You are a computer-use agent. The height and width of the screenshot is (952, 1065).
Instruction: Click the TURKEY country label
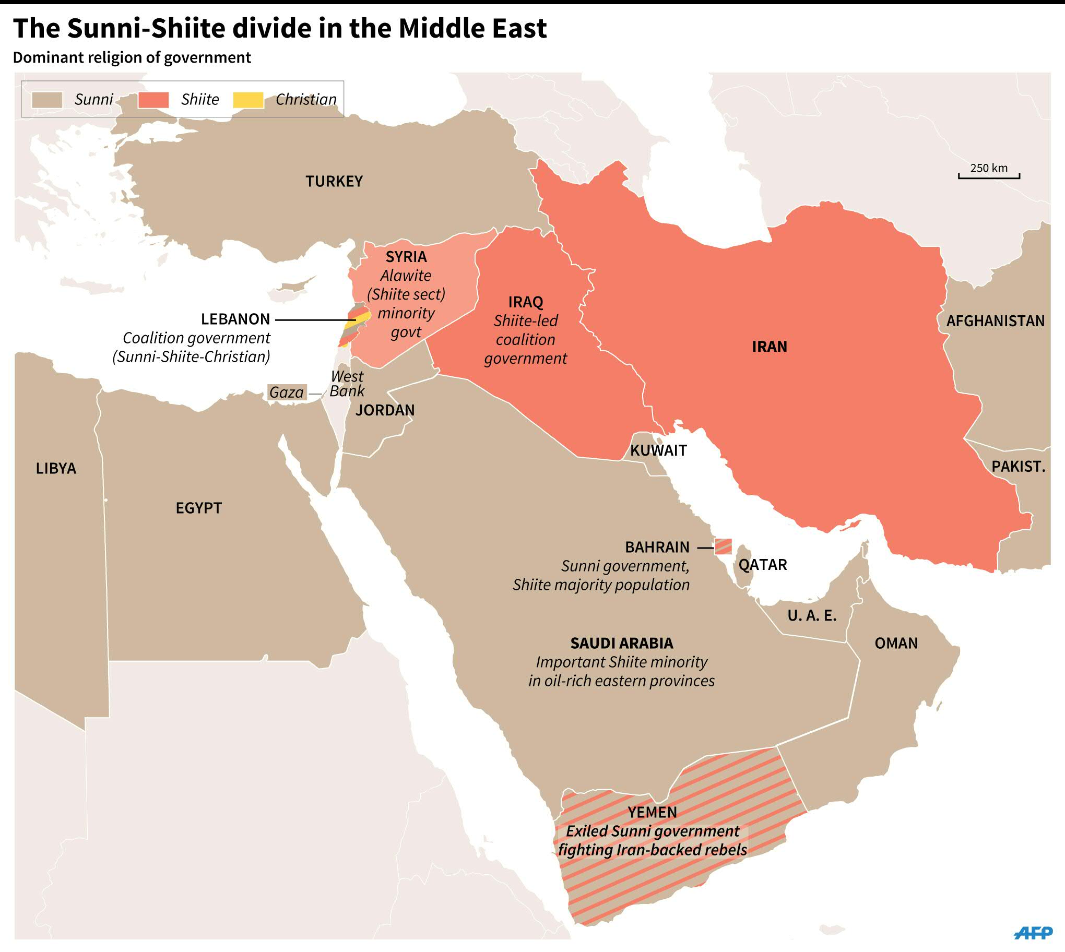334,181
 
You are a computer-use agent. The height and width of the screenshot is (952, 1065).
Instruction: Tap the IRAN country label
769,346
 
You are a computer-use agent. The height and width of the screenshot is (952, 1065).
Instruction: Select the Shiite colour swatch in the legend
153,99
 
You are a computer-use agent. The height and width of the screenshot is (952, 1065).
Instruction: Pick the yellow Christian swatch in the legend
248,99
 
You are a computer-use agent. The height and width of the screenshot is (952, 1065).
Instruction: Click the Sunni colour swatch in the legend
47,99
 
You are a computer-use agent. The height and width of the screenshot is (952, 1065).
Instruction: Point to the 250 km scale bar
989,176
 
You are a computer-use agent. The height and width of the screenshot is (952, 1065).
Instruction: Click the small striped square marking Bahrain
723,546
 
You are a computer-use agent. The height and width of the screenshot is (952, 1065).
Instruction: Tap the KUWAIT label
658,450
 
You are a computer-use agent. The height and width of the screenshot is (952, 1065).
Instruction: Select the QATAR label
762,565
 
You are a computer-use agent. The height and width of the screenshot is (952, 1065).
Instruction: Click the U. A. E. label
812,616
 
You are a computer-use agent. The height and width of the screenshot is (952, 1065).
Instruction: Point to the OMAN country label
896,644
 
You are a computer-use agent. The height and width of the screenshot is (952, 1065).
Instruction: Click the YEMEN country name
652,812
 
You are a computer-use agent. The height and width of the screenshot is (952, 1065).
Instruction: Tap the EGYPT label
198,508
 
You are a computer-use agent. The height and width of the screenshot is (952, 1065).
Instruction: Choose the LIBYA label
56,468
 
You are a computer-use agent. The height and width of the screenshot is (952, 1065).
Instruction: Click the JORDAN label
385,410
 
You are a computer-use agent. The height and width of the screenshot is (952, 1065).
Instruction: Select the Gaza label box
287,392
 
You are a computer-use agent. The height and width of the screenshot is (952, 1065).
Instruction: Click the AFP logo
1033,932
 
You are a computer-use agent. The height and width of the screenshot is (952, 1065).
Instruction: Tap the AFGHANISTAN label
995,320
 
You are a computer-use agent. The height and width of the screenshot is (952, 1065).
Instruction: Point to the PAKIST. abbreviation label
1018,466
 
